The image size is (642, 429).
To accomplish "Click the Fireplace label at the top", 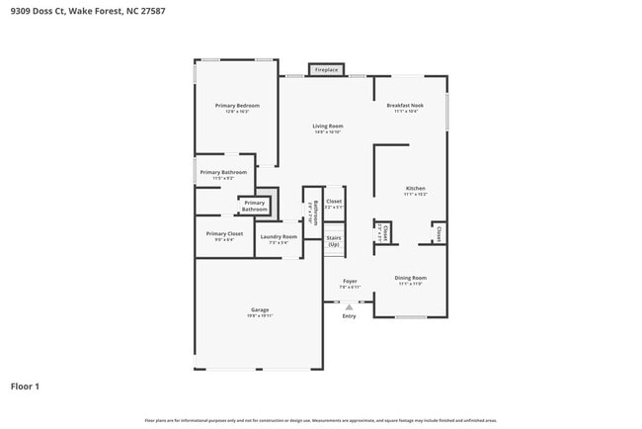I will click(327, 70).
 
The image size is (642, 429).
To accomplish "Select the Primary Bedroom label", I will click(238, 105).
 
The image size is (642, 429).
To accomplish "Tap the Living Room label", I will click(328, 127).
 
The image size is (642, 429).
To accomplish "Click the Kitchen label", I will click(416, 188).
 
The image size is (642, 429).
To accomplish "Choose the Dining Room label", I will click(410, 278).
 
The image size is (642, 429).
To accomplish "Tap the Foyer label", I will click(350, 281).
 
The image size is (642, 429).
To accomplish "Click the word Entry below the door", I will click(349, 316).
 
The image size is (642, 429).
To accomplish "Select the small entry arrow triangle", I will click(349, 307).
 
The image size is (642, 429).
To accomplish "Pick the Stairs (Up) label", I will click(334, 241).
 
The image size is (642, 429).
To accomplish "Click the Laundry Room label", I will click(279, 236).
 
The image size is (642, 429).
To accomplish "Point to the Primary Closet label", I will click(224, 234).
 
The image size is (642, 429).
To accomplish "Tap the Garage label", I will click(259, 310).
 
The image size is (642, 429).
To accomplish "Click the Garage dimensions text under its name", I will click(259, 316).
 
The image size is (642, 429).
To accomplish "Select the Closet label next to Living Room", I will click(334, 202).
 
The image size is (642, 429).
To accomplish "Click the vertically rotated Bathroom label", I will click(314, 213).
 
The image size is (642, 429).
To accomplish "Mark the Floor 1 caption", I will click(26, 386).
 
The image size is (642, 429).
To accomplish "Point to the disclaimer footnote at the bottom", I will click(321, 420).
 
